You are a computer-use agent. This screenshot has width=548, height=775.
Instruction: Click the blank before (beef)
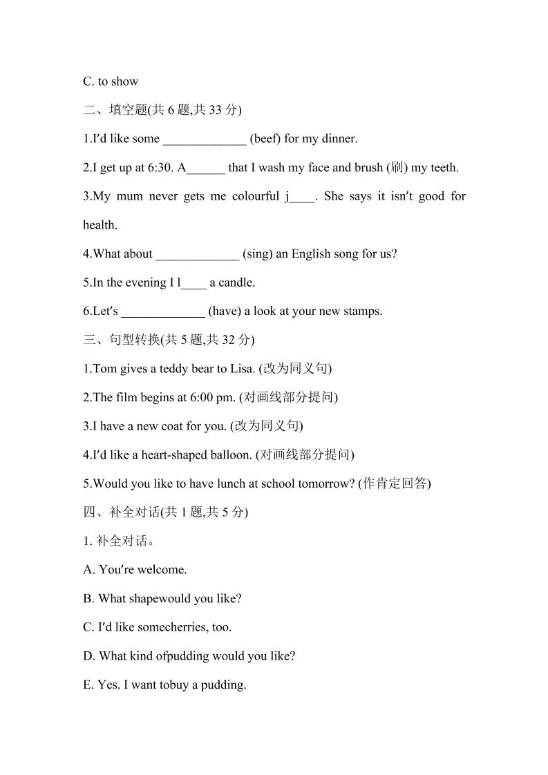coord(205,139)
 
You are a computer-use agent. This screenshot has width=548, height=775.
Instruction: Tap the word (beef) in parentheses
coord(265,139)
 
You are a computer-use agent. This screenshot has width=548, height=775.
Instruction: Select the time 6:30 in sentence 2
coord(161,168)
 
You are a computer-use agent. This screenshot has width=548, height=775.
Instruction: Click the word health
coord(100,225)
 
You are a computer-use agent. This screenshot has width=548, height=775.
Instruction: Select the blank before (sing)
coord(198,254)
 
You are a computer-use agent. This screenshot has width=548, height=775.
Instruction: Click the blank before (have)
coord(163,312)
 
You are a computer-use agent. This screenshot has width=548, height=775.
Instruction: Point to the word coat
coord(170,426)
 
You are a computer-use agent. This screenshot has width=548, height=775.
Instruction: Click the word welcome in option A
coord(162,570)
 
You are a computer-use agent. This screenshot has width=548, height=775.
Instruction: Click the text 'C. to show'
coord(111,82)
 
